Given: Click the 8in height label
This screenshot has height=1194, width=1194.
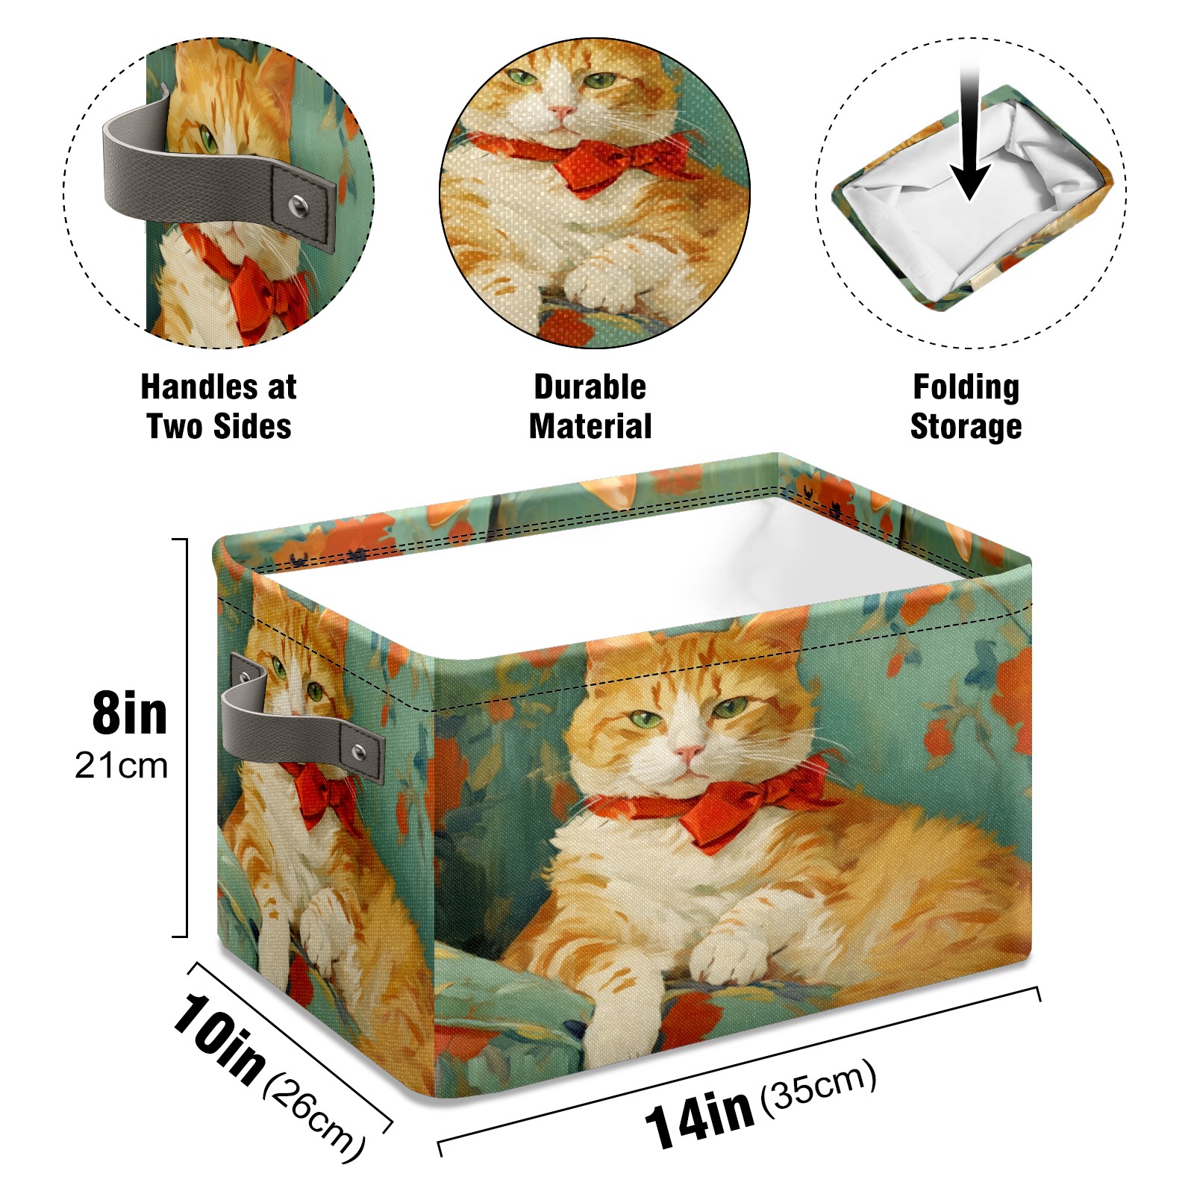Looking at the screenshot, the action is pos(130,713).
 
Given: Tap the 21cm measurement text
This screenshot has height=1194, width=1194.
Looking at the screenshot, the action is pos(122,766).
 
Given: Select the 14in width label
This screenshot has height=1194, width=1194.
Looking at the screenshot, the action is pos(699,1117).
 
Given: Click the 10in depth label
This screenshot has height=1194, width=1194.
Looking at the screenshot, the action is pos(219,1037).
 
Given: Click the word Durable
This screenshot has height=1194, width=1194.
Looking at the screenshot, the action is pos(590,387).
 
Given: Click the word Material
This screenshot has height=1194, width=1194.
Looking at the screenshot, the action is pos(590,426).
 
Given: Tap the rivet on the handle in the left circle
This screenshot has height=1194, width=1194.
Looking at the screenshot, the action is pos(299,206).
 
